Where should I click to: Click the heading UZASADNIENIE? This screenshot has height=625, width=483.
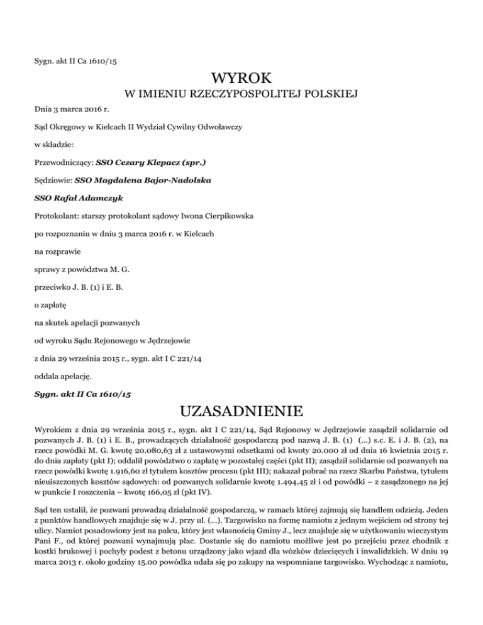241,414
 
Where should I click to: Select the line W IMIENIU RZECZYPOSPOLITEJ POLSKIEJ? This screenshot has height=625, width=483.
241,96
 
